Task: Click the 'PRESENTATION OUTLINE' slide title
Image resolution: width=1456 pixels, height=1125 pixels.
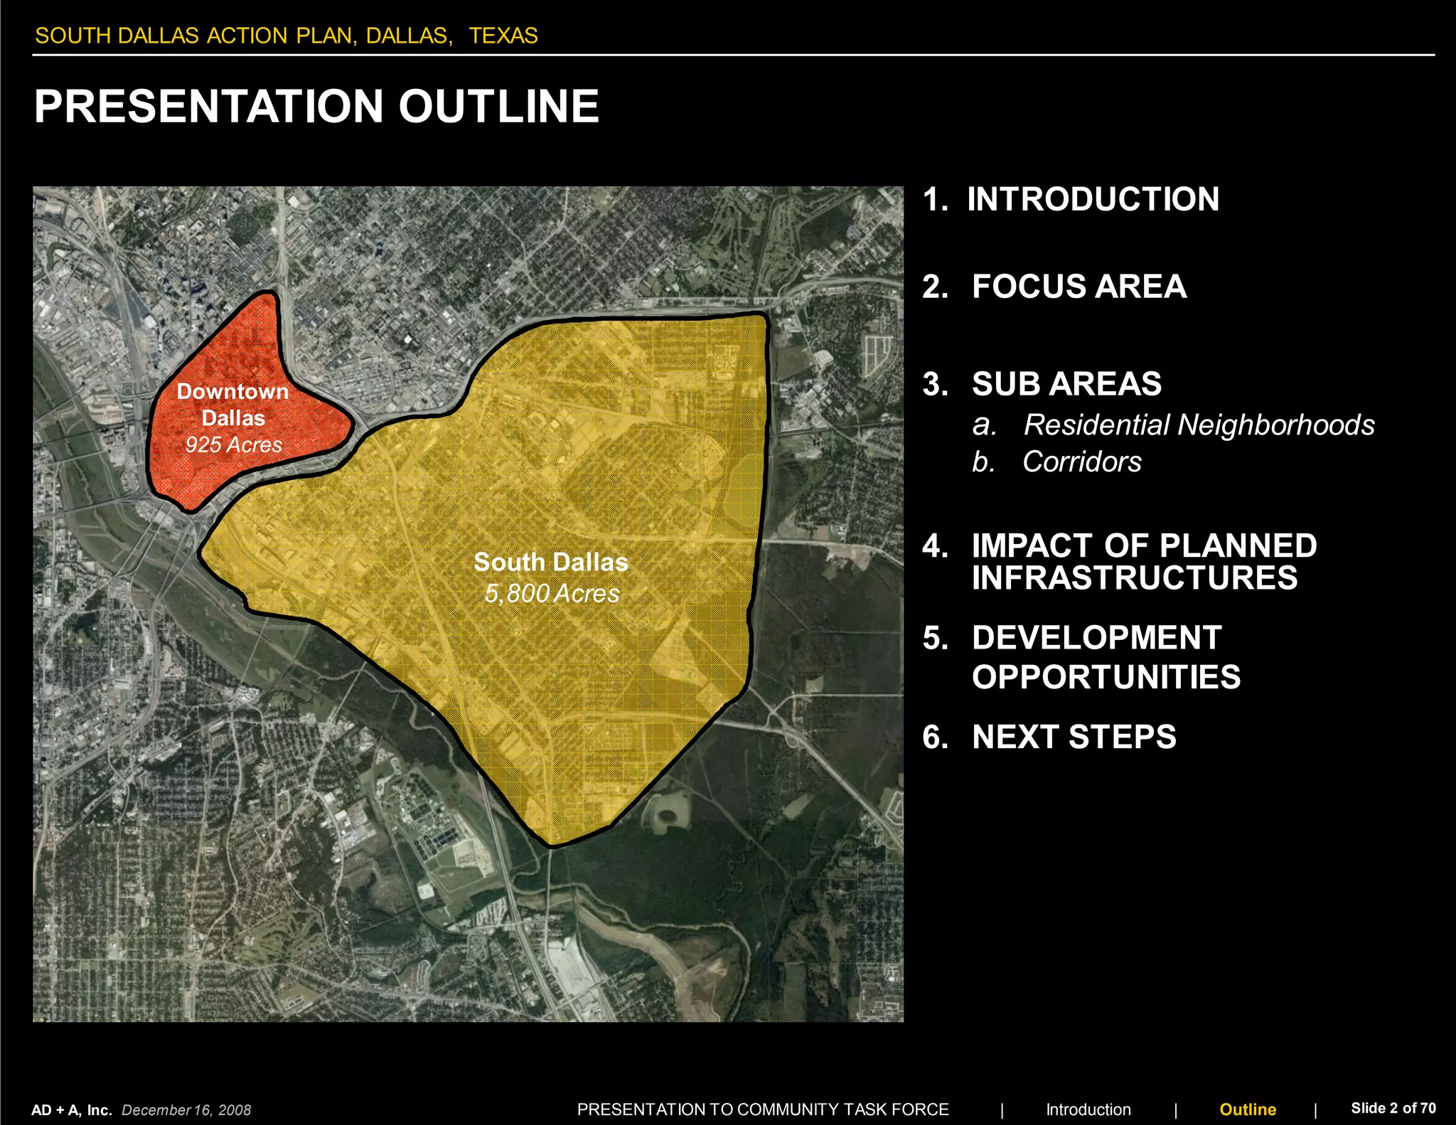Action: coord(316,107)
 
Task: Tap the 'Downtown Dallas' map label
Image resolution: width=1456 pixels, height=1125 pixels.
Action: coord(233,404)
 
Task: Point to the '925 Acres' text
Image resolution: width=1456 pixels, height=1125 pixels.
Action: coord(234,445)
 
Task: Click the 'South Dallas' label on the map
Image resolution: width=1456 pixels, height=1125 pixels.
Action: coord(551,562)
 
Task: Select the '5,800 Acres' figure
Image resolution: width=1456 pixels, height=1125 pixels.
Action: coord(552,594)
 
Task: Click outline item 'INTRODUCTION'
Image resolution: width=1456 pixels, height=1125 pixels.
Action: coord(1093,199)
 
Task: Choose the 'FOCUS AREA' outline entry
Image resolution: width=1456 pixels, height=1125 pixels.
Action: coord(1078,287)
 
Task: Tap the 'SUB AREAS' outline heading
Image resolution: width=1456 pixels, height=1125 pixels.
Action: coord(1066,384)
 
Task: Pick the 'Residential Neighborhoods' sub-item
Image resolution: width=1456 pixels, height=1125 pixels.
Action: coord(1199,425)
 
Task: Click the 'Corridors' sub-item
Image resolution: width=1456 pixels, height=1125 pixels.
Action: coord(1081,462)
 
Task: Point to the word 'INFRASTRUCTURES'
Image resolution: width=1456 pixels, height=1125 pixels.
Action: coord(1135,577)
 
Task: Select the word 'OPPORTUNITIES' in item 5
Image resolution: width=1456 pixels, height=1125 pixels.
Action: coord(1106,677)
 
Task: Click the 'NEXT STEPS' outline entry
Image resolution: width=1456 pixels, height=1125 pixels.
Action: coord(1074,737)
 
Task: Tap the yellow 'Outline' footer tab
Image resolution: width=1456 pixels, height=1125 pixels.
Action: coord(1248,1109)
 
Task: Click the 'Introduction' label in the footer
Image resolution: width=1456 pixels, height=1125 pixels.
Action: coord(1088,1109)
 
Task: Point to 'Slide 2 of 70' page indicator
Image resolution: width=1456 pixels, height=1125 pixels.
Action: coord(1393,1108)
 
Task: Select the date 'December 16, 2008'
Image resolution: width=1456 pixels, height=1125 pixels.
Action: coord(186,1110)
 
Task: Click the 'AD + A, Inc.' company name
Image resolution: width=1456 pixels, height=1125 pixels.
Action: coord(72,1110)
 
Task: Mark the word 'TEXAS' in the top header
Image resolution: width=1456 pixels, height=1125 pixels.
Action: coord(503,36)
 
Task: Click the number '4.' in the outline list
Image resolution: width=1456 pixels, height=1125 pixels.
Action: coord(935,546)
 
